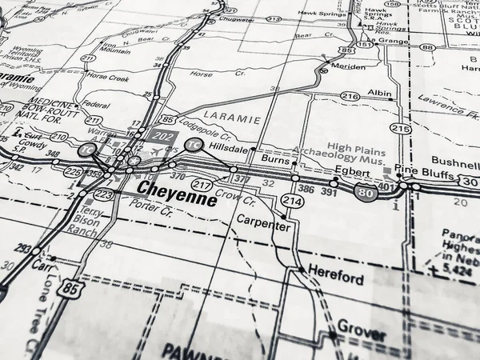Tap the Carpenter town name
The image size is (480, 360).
262,226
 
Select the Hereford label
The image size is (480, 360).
336,279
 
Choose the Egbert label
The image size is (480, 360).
352,172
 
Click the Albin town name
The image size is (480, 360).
379,94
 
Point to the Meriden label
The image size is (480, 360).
349,67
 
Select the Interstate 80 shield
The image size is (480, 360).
366,193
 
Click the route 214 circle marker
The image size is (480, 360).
292,202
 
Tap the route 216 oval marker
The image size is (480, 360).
350,96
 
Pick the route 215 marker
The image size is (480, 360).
401,128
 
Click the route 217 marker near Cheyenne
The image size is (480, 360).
202,186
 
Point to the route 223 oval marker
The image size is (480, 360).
102,194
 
